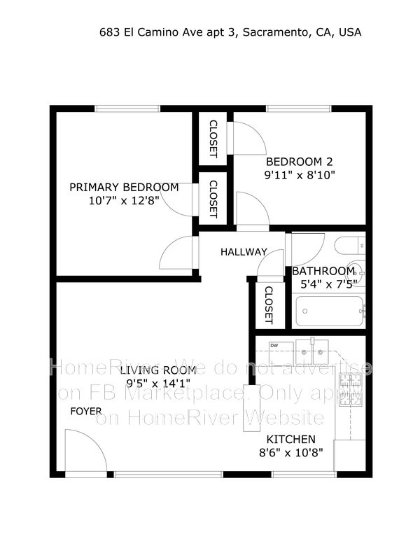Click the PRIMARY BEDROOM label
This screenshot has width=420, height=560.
pyautogui.click(x=124, y=187)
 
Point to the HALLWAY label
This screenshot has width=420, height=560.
pyautogui.click(x=244, y=252)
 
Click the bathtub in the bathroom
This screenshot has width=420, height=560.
pyautogui.click(x=330, y=311)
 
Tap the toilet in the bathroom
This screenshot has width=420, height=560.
pyautogui.click(x=350, y=246)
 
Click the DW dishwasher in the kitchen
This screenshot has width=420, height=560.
pyautogui.click(x=274, y=346)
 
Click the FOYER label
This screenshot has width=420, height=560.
pyautogui.click(x=85, y=411)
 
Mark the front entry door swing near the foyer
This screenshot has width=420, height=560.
pyautogui.click(x=85, y=453)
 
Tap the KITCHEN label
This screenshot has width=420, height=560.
pyautogui.click(x=290, y=440)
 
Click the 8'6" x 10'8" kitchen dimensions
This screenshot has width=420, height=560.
pyautogui.click(x=290, y=453)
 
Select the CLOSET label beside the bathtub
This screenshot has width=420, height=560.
pyautogui.click(x=268, y=305)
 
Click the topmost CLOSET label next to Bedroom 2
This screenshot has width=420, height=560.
pyautogui.click(x=213, y=138)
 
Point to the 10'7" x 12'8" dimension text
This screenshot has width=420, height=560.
pyautogui.click(x=124, y=200)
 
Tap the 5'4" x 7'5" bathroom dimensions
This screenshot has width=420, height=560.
pyautogui.click(x=324, y=283)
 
